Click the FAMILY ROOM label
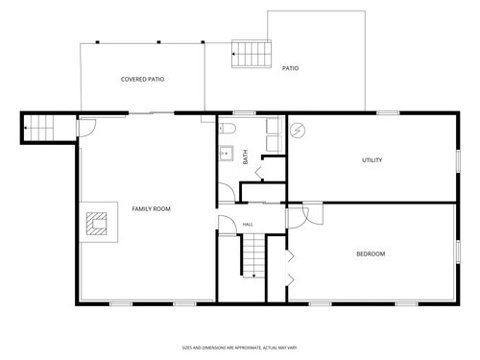[x=152, y=209]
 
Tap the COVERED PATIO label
[x=142, y=79]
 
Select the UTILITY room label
[x=372, y=160]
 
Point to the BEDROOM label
[x=371, y=253]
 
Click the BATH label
[x=246, y=157]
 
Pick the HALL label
[x=248, y=225]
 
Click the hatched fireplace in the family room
[x=96, y=224]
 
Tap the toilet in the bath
[x=228, y=129]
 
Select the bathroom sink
[x=227, y=154]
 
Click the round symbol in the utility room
[x=298, y=131]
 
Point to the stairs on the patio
[x=252, y=54]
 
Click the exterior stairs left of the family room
[x=39, y=128]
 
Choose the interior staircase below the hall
[x=253, y=255]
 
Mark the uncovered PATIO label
[x=290, y=68]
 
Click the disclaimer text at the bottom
[x=240, y=348]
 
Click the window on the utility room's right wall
[x=458, y=161]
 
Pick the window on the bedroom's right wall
[x=458, y=252]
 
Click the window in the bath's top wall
[x=244, y=113]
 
